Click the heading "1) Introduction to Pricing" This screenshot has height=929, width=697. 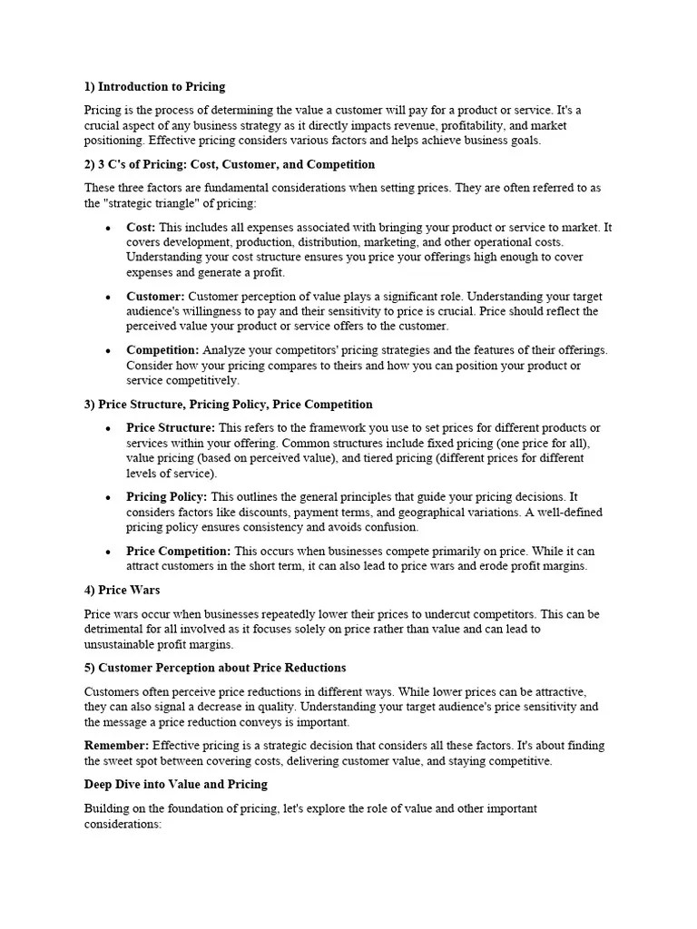pos(154,87)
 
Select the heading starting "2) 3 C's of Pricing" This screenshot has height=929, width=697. pos(229,164)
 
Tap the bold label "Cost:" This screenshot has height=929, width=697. pos(141,228)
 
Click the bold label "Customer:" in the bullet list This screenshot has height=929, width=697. pos(155,297)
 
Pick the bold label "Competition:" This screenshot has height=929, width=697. pos(162,350)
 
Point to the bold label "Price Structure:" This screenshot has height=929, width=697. pos(171,427)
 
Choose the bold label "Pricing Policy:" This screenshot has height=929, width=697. pos(167,497)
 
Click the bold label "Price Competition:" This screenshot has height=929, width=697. pos(179,551)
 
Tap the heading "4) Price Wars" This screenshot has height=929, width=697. pos(122,590)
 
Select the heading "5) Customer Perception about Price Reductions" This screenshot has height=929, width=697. pos(215,668)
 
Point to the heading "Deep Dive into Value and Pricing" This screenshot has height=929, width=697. pos(176,784)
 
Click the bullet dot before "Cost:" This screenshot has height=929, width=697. pos(109,229)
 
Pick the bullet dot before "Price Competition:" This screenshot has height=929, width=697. pos(109,552)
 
